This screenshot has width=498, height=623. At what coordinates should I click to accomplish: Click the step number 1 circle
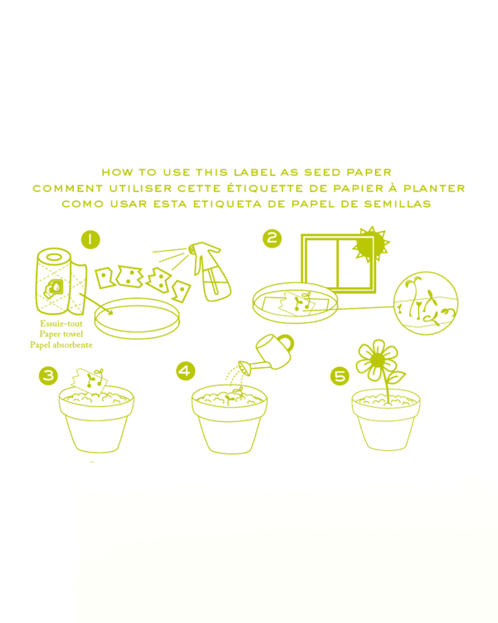(x=90, y=239)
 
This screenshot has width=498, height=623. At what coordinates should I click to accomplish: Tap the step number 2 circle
(x=272, y=238)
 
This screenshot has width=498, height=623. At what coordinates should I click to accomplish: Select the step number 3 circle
(x=48, y=375)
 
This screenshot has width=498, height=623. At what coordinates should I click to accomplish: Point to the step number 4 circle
(x=185, y=371)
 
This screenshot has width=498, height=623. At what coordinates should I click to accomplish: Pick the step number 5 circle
(x=340, y=375)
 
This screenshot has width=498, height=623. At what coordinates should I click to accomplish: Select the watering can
(x=267, y=355)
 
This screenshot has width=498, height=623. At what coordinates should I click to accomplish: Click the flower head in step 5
(x=377, y=360)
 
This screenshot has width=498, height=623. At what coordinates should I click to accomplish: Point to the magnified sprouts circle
(x=426, y=302)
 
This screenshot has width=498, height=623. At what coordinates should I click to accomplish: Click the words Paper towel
(x=61, y=334)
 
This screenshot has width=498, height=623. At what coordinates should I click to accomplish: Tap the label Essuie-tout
(x=61, y=323)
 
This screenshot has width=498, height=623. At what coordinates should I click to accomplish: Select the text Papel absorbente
(x=61, y=345)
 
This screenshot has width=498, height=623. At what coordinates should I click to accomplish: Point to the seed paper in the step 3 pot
(x=90, y=380)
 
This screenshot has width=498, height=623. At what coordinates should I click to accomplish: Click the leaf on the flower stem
(x=396, y=376)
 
